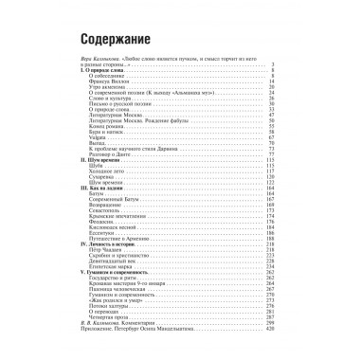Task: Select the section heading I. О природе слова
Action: [x=99, y=72]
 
